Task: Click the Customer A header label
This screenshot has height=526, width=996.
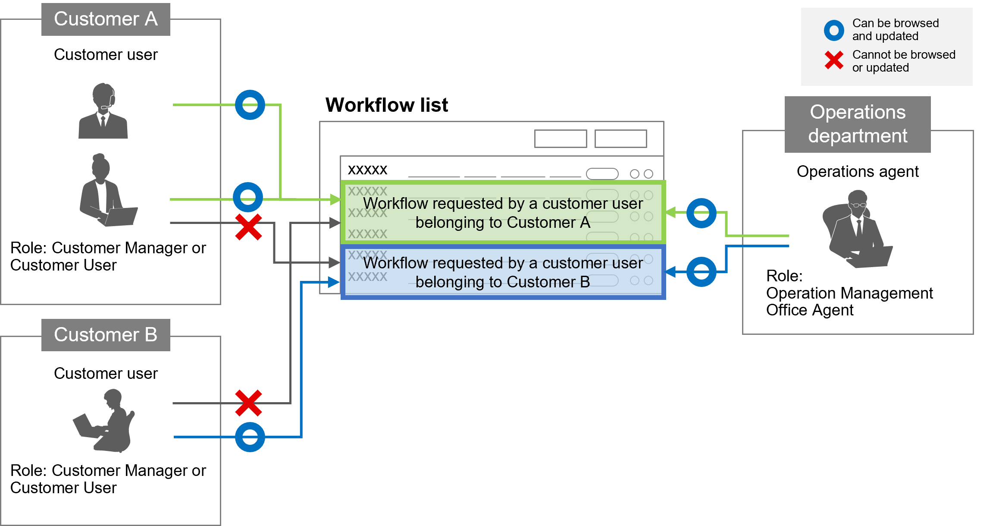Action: [x=106, y=19]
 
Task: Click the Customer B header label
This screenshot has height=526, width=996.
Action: [x=106, y=335]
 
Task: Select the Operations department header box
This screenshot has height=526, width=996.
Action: [x=857, y=124]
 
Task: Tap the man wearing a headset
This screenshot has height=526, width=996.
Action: [x=103, y=111]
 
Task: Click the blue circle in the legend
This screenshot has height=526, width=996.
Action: [x=834, y=30]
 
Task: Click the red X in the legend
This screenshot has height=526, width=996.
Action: [x=834, y=60]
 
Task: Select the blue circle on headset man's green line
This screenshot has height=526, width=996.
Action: [x=250, y=105]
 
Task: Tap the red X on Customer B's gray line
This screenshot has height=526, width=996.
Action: [x=248, y=403]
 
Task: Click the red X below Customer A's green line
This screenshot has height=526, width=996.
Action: [x=248, y=227]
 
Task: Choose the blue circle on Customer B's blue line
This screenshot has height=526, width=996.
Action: [x=250, y=437]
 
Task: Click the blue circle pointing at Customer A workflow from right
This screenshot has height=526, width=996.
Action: [x=701, y=213]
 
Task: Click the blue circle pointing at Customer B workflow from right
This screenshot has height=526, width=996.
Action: [x=701, y=272]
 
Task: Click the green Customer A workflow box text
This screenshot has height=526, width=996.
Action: [x=503, y=213]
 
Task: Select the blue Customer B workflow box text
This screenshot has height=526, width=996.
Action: [x=503, y=272]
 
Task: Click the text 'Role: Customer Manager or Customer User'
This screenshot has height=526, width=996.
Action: [x=108, y=256]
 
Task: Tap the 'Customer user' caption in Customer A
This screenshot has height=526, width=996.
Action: [x=106, y=55]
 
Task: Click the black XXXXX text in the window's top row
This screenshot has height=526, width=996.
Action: [x=367, y=170]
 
